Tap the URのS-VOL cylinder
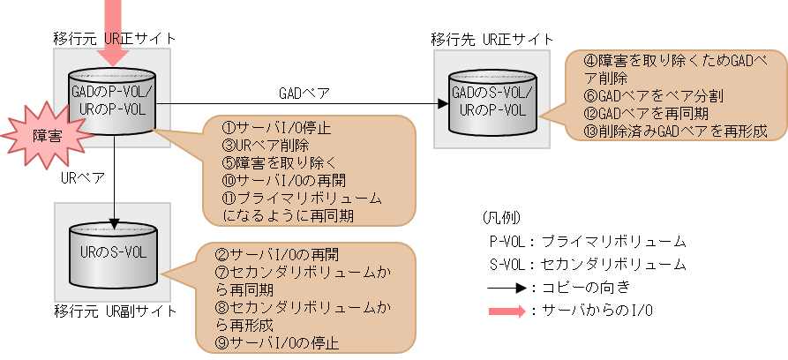pos(113,253)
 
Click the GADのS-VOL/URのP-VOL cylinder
pos(492,101)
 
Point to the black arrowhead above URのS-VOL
pos(113,220)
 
